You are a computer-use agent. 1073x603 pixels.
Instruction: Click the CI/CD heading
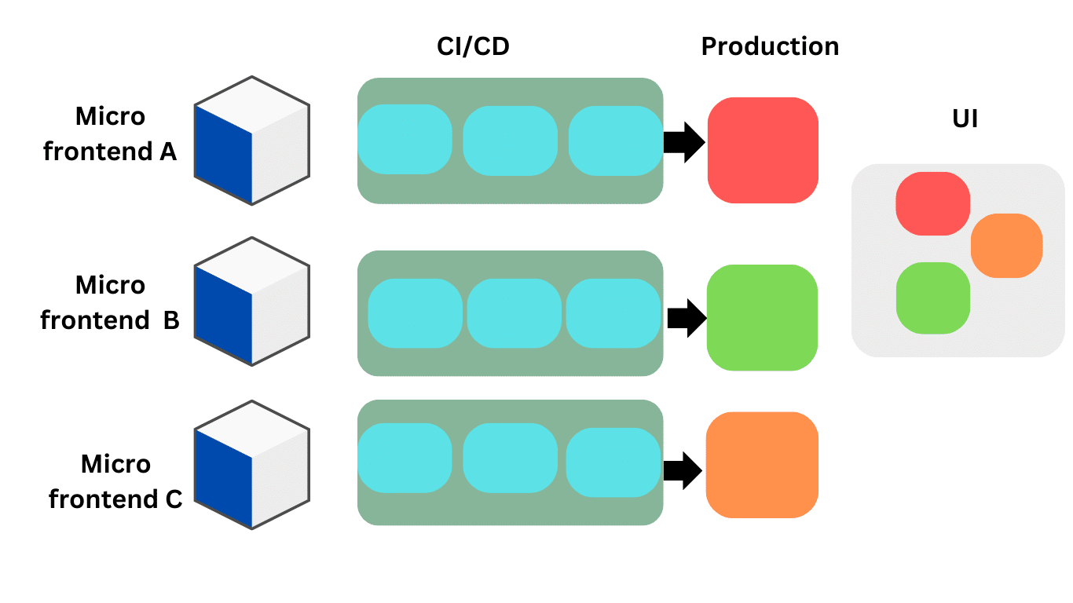(x=473, y=47)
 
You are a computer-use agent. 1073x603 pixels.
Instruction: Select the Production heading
(x=770, y=47)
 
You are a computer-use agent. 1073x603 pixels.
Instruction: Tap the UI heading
(x=965, y=119)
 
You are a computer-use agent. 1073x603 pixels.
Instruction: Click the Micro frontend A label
(x=110, y=133)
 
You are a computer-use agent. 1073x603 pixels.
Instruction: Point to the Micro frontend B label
(x=110, y=302)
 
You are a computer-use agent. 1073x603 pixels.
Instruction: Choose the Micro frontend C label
(x=115, y=481)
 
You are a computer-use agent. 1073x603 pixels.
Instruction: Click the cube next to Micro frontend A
(x=251, y=141)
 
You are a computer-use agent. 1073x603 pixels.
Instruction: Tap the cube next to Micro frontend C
(x=251, y=465)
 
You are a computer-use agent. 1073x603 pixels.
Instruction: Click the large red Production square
(x=763, y=150)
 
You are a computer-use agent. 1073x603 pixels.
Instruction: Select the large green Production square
(x=762, y=317)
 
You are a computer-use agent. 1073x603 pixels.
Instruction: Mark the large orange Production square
(x=762, y=465)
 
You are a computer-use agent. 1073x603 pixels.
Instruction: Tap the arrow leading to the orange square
(x=683, y=470)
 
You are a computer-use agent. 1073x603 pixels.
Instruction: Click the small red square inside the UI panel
(x=933, y=203)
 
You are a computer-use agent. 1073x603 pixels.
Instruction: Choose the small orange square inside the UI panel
(x=1006, y=246)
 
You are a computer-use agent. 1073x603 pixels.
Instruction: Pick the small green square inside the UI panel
(x=932, y=298)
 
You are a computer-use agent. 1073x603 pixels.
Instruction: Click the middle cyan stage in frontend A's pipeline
(x=510, y=140)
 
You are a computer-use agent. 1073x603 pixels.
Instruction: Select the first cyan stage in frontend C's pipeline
(x=405, y=458)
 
